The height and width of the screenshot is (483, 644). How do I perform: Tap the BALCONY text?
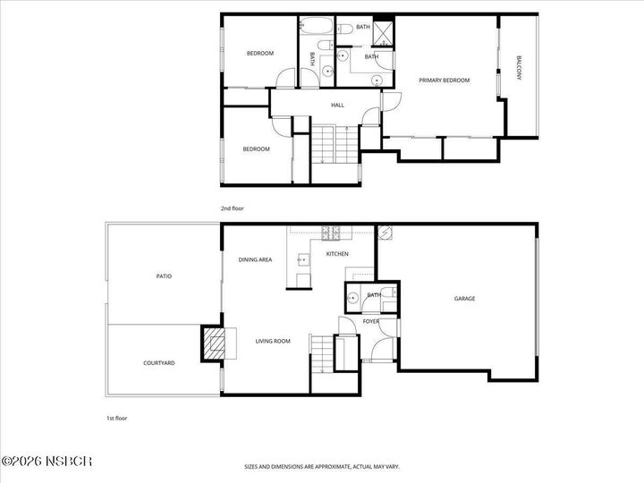519,70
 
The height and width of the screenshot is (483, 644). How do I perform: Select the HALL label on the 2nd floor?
337,106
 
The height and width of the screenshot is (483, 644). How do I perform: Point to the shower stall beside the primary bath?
386,33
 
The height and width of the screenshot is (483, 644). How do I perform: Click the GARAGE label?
464,298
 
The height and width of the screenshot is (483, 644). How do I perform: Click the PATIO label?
164,276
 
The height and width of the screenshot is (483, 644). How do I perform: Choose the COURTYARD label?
158,363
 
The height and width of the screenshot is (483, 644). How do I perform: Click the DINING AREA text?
255,260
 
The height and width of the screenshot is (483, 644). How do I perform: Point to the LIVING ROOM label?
273,341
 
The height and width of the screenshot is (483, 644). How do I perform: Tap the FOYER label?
371,321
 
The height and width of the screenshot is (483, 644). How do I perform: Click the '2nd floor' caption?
232,208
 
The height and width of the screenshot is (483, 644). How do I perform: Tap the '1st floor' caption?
117,418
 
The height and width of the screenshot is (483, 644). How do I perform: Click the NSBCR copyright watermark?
47,462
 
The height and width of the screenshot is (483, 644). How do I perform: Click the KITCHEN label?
336,255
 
